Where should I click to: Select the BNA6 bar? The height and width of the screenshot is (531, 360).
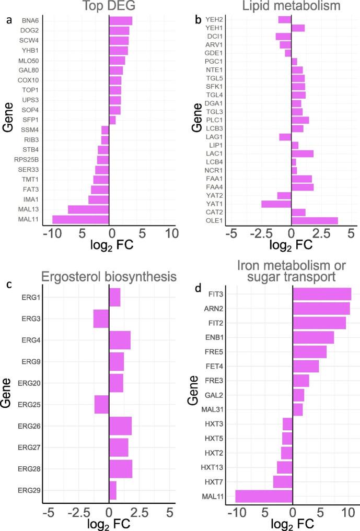[x=120, y=21]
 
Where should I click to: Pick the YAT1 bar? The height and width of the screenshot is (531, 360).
[x=276, y=204]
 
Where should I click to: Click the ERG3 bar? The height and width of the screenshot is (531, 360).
[x=101, y=319]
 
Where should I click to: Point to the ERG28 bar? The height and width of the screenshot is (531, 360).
[x=121, y=468]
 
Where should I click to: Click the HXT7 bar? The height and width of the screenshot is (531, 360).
[x=283, y=481]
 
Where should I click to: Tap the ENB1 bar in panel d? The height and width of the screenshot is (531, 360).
[x=313, y=337]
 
